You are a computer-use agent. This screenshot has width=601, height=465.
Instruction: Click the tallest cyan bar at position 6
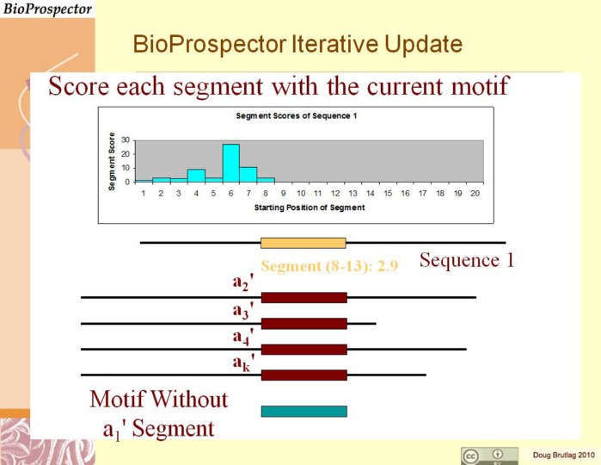(231, 163)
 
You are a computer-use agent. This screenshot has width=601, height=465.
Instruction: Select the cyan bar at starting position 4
(196, 176)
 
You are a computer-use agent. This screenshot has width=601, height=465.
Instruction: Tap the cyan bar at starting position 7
(248, 175)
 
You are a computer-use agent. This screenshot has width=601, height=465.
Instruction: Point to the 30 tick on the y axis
(126, 139)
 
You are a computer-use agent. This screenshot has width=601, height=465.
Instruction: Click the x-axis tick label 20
(475, 194)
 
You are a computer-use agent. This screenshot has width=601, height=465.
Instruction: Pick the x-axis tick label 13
(353, 194)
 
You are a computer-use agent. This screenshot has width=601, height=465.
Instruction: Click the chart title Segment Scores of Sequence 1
(297, 116)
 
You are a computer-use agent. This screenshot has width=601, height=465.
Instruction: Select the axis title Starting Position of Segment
(310, 208)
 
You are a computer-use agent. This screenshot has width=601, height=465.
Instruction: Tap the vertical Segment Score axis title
(112, 161)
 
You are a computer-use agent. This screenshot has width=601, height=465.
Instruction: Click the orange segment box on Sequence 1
(304, 243)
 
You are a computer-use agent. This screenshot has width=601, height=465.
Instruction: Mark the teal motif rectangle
(304, 412)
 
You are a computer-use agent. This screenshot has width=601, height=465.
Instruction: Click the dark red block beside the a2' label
(304, 298)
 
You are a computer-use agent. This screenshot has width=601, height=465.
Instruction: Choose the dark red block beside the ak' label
(304, 375)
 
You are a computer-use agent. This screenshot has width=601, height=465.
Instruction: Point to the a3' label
(243, 310)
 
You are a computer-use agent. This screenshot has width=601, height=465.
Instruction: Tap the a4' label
(243, 337)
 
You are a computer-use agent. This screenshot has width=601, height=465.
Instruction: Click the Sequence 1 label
(467, 260)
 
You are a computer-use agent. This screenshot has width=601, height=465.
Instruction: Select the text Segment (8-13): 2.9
(329, 266)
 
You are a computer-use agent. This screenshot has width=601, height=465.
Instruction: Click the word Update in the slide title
(423, 45)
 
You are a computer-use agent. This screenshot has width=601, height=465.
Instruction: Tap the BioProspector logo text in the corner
(47, 9)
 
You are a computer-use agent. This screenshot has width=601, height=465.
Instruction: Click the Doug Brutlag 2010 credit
(563, 456)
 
